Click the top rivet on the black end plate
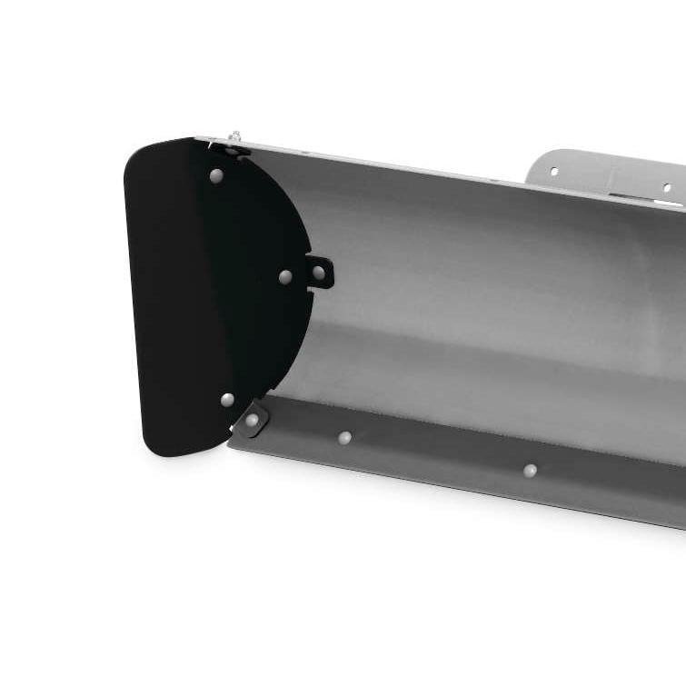coord(216,175)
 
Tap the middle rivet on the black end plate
coord(285,276)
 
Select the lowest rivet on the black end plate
coord(227,399)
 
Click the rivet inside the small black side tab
coord(319,272)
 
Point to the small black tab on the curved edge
coord(323,272)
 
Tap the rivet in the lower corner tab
coord(252,420)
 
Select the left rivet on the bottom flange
coord(344,438)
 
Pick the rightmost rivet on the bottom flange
coord(530,470)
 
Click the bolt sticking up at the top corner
coord(234,137)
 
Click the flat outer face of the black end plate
coord(182,300)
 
